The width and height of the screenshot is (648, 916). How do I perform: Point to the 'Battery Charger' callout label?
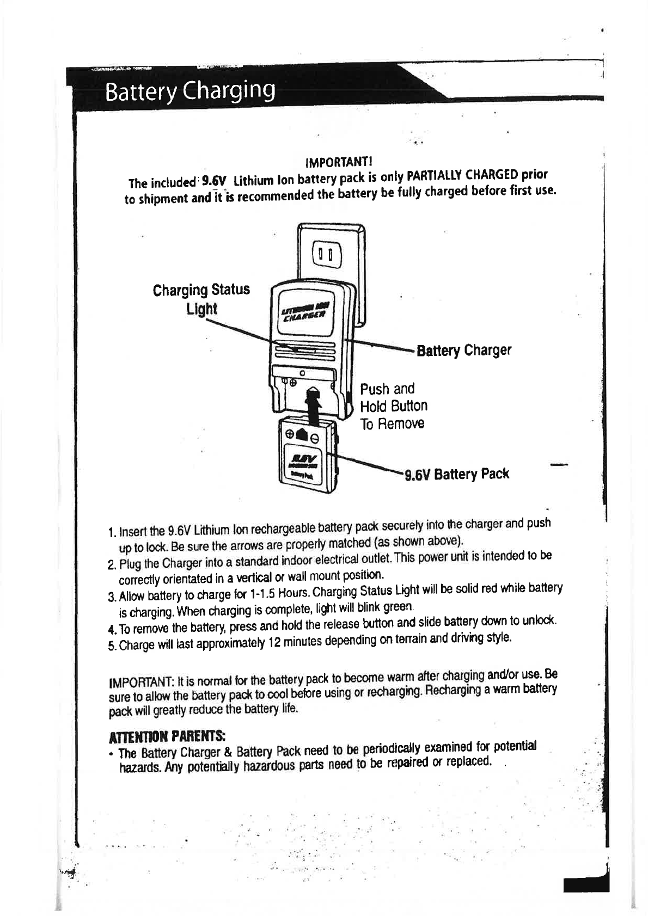click(x=464, y=350)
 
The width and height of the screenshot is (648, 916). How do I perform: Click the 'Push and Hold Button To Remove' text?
click(x=393, y=405)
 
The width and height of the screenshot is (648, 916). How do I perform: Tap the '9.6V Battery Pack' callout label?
click(x=456, y=474)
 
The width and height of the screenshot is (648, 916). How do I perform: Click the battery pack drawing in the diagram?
click(x=307, y=455)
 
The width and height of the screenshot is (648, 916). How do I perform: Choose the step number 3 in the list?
click(x=111, y=598)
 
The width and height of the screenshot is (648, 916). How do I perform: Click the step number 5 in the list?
click(x=111, y=647)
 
